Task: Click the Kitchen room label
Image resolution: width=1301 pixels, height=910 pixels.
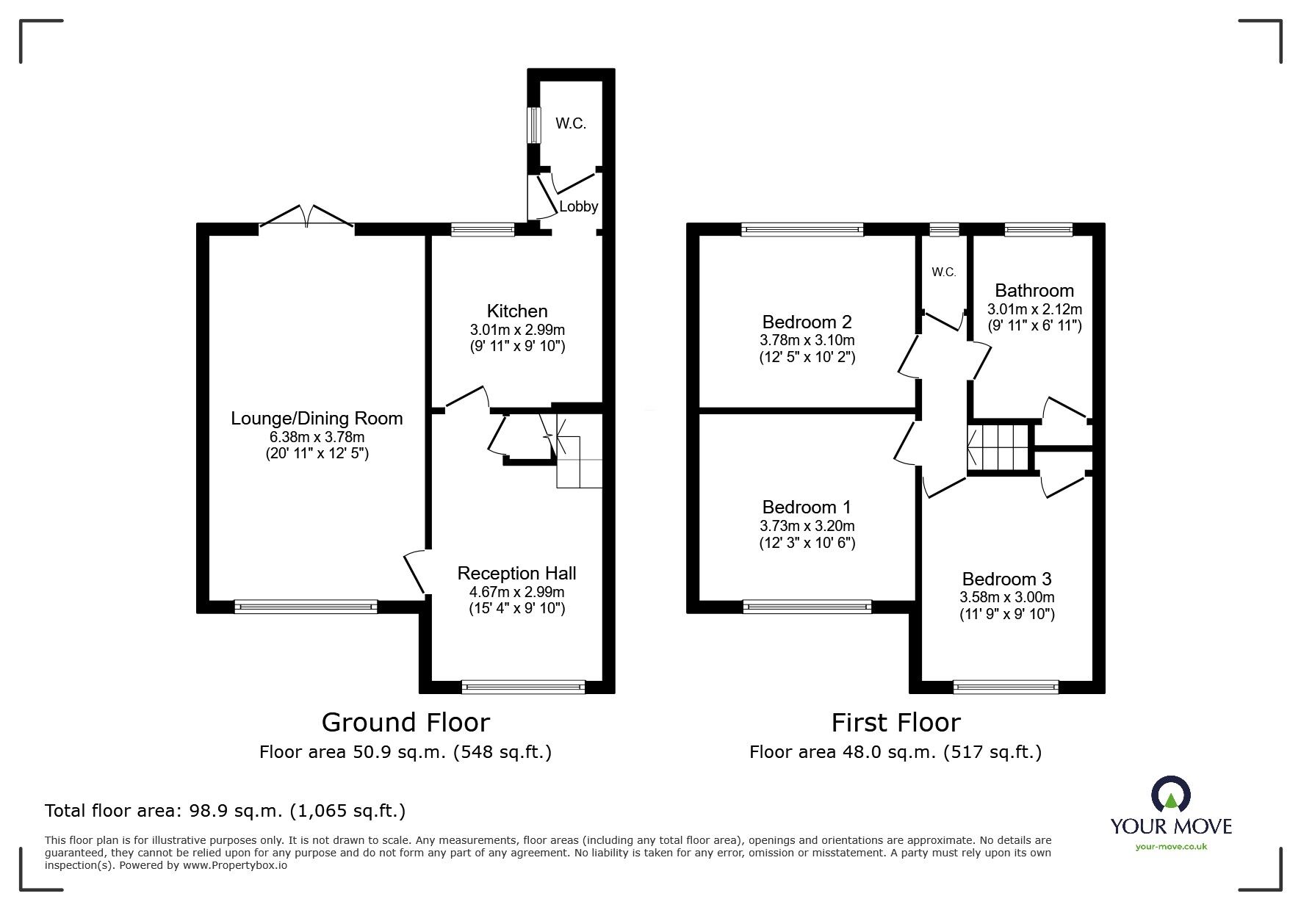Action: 517,311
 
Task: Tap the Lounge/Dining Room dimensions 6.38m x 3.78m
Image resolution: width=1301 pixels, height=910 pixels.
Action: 317,437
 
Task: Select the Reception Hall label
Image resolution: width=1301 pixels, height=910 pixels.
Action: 516,574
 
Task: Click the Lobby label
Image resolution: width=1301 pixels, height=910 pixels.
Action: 578,207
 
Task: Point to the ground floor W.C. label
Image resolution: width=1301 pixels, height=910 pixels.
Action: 571,123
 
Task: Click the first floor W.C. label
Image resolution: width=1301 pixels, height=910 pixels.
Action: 944,272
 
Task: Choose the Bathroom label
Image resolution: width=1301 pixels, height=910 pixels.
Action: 1034,291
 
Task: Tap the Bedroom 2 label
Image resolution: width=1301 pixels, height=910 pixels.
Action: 807,322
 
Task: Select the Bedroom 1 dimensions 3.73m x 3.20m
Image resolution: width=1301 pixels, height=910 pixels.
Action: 807,526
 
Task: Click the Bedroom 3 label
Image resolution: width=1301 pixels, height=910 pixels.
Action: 1006,579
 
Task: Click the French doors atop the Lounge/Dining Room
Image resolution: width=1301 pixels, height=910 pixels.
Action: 307,215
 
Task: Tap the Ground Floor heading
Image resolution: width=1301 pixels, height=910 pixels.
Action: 406,723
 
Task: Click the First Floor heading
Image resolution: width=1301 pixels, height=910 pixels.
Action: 895,723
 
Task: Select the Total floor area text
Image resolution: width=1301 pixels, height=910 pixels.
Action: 225,811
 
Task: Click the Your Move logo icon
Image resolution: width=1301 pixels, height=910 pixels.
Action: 1170,795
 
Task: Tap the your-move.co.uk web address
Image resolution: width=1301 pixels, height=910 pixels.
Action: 1171,847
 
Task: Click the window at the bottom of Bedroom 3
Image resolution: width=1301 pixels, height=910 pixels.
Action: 1006,687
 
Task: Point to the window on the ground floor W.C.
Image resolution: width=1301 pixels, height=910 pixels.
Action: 534,126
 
